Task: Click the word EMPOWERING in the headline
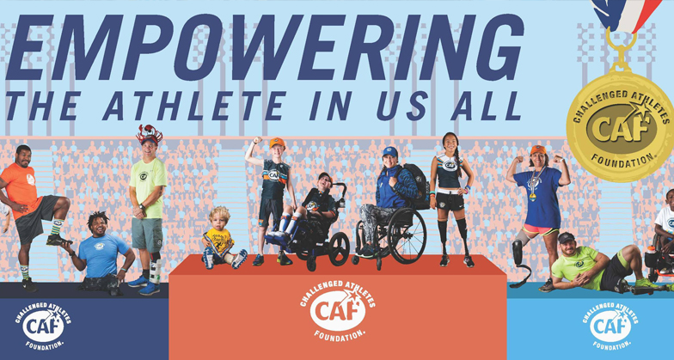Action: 265,46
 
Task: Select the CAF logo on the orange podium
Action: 337,309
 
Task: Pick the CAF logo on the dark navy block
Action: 43,326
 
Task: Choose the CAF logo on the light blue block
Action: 610,326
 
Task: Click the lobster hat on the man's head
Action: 150,134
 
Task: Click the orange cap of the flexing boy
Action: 277,143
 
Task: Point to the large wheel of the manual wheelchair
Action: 406,235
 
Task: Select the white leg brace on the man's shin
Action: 156,272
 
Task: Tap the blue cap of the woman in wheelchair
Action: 390,151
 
